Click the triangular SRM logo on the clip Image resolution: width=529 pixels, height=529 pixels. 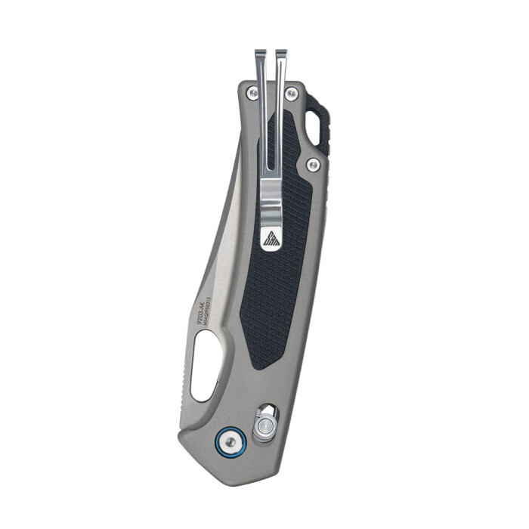pos(271,240)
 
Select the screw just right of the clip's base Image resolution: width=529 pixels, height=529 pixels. pos(291,91)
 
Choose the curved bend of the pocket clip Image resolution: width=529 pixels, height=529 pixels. pos(272,196)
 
